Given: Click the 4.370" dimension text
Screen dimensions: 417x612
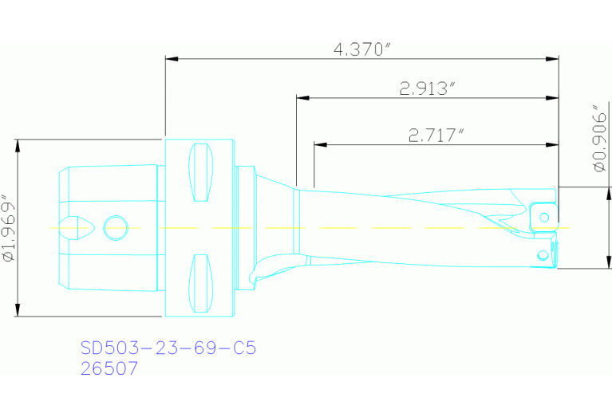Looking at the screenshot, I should tap(361, 49).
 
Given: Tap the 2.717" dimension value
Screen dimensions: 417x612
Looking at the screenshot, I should tap(436, 135).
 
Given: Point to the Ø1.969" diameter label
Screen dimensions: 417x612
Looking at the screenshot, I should tap(9, 228).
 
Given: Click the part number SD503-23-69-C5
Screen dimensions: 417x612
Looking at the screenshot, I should tap(168, 348).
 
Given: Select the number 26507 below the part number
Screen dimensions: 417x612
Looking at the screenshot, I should tap(109, 368).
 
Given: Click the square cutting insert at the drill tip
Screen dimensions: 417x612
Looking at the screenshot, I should tap(543, 215).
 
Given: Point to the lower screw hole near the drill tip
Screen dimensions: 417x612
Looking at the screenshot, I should tap(543, 255).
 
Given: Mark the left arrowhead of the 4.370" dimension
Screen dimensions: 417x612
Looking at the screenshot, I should tap(170, 58).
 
